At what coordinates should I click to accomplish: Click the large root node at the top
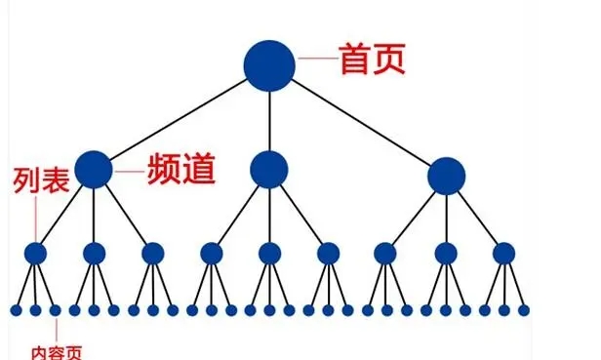[x=269, y=65]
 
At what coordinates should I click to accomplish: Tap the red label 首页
[x=371, y=60]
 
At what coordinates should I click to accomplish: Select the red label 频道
[x=180, y=170]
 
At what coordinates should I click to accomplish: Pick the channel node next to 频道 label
[x=94, y=170]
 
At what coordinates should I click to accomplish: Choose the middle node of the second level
[x=269, y=170]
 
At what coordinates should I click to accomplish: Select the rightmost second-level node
[x=446, y=176]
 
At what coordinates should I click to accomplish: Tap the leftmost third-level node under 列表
[x=36, y=254]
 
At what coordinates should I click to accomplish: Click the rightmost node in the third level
[x=503, y=254]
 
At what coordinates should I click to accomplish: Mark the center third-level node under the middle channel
[x=269, y=254]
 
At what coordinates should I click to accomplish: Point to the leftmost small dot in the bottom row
[x=16, y=310]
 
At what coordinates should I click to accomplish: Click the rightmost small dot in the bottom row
[x=524, y=310]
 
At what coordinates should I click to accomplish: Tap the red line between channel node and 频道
[x=129, y=171]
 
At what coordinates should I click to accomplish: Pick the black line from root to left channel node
[x=181, y=117]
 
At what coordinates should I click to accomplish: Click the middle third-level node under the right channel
[x=446, y=254]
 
